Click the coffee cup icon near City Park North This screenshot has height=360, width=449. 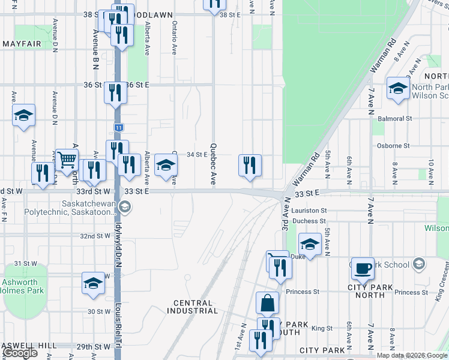tap(363, 269)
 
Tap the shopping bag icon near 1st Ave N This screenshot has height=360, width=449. tap(267, 304)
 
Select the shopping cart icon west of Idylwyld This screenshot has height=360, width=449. tap(67, 160)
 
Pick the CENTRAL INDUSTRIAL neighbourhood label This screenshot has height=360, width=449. tap(196, 307)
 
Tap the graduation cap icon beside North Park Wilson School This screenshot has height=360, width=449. tap(397, 89)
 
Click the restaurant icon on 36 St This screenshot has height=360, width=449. tap(115, 92)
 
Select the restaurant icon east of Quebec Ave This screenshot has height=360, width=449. tap(250, 166)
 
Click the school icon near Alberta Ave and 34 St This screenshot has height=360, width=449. tap(166, 166)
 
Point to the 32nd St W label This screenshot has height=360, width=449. tap(96, 236)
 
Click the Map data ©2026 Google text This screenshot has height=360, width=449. tap(412, 355)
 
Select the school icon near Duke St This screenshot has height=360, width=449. tap(310, 244)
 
